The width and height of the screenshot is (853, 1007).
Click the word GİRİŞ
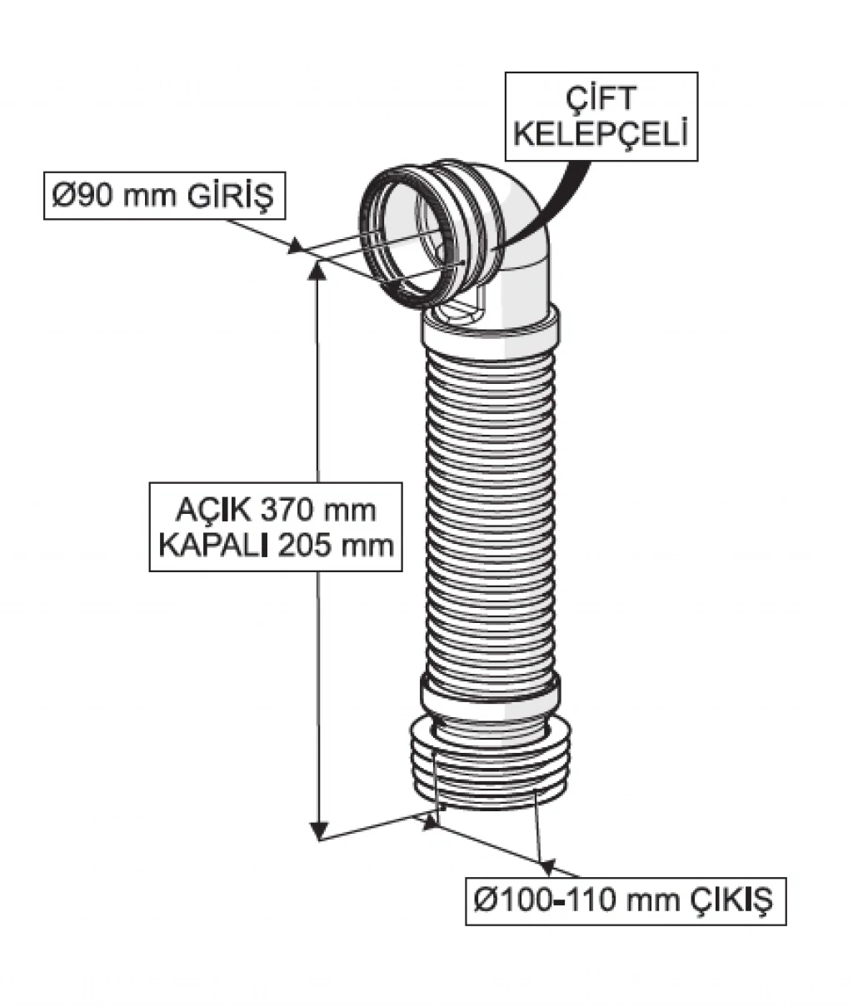tap(231, 197)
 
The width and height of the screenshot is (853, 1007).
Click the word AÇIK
tap(213, 511)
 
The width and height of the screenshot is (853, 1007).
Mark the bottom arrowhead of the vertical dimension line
tap(318, 829)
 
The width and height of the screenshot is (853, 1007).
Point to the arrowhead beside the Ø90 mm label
tap(295, 246)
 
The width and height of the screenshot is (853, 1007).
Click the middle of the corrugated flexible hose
tap(491, 511)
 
